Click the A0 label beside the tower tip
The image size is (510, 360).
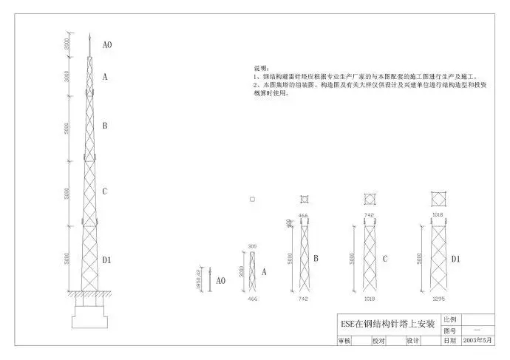pos(107,45)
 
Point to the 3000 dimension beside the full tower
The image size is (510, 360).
pos(67,75)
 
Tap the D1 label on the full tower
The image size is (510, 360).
pos(106,259)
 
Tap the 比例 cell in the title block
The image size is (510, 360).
pos(450,319)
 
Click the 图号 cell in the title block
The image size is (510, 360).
pos(450,330)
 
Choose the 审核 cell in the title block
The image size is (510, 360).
pos(344,342)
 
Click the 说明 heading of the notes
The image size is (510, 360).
pos(262,67)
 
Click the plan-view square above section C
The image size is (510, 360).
pos(370,199)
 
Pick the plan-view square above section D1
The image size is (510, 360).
pos(438,199)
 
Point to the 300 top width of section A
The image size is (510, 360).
pos(252,245)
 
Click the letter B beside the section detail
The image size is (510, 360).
pos(316,259)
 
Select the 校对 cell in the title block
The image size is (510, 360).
pos(378,342)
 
